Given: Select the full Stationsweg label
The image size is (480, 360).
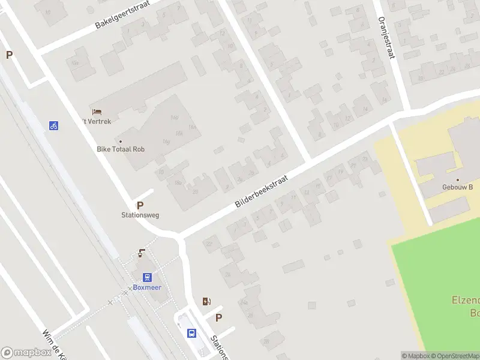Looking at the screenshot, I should (x=140, y=215).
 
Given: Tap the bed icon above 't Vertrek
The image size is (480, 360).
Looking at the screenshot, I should (x=97, y=112).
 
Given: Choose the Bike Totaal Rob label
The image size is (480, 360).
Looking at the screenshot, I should (x=121, y=149).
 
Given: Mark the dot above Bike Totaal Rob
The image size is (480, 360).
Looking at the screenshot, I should (x=121, y=141).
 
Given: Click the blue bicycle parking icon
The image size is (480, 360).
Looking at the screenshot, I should (x=54, y=125).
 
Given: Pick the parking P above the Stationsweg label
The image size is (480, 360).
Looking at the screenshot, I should (x=140, y=205).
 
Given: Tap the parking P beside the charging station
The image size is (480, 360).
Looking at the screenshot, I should (x=219, y=318).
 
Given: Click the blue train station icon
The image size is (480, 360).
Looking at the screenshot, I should (x=147, y=277).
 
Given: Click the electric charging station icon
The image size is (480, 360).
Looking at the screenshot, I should (x=206, y=301).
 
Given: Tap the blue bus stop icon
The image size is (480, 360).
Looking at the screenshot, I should (x=191, y=333).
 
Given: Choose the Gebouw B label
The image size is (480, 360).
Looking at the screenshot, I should (x=458, y=187).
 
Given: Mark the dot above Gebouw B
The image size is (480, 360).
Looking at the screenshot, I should (x=458, y=179).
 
